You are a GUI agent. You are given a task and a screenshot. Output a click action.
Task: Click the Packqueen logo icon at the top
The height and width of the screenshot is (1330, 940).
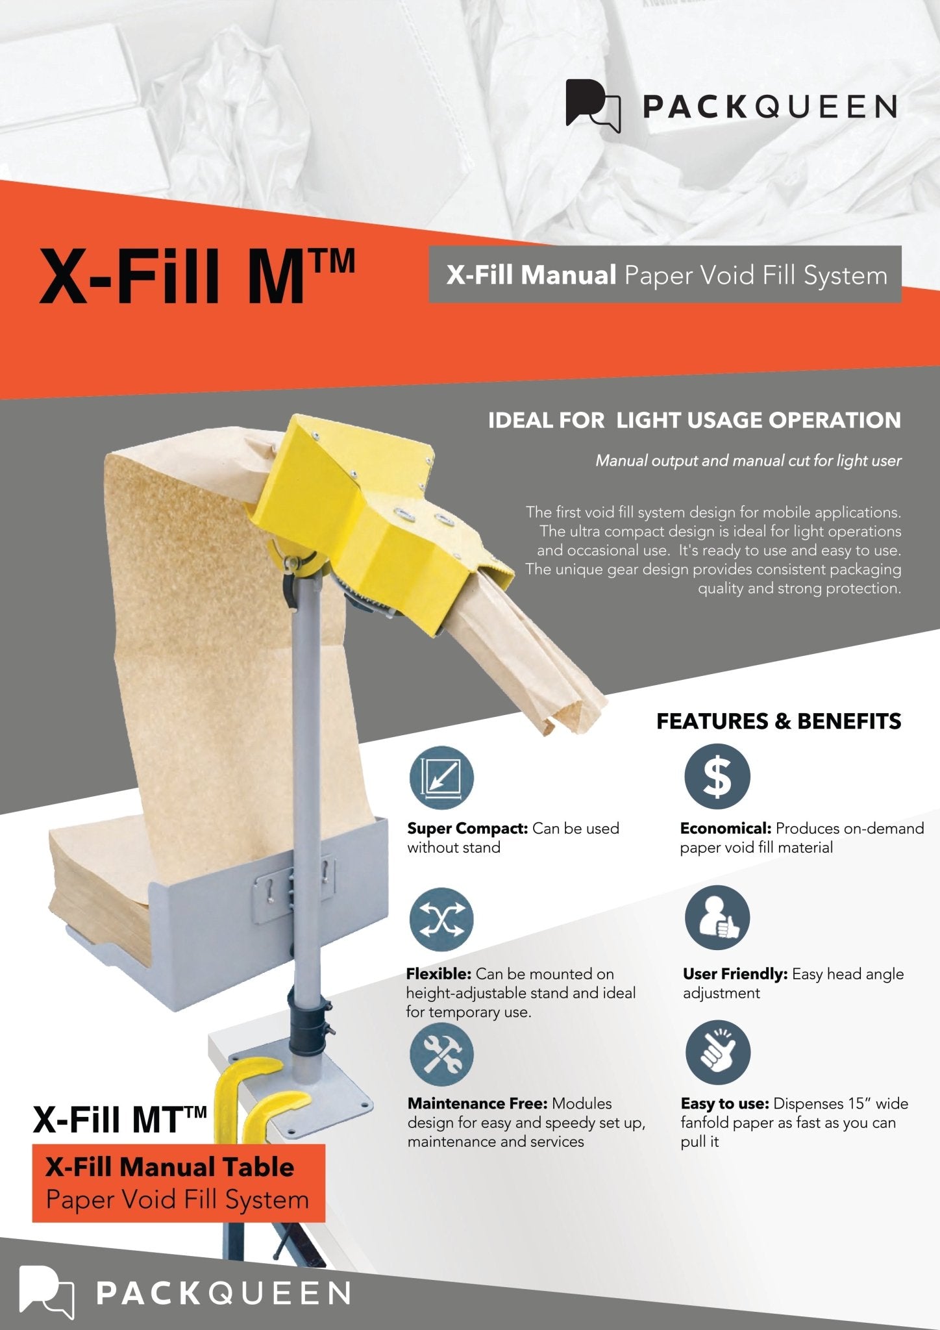pyautogui.click(x=592, y=105)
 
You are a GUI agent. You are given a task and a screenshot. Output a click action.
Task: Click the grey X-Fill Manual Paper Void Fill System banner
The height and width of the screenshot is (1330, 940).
pyautogui.click(x=665, y=275)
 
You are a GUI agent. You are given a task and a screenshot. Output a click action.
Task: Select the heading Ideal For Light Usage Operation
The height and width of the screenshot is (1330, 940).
pyautogui.click(x=694, y=421)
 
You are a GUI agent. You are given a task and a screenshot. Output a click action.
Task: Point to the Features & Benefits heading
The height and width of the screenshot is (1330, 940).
pyautogui.click(x=778, y=721)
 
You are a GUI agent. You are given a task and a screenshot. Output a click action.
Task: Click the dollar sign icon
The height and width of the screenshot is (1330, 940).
pyautogui.click(x=717, y=777)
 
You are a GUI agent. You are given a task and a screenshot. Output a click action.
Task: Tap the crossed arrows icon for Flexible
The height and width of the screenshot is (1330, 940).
pyautogui.click(x=441, y=920)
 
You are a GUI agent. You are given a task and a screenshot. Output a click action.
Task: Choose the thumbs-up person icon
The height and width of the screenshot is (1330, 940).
pyautogui.click(x=717, y=918)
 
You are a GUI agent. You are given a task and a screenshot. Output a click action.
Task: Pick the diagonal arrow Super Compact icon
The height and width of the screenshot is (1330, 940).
pyautogui.click(x=441, y=777)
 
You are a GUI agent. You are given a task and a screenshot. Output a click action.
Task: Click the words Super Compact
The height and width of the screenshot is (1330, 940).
pyautogui.click(x=467, y=829)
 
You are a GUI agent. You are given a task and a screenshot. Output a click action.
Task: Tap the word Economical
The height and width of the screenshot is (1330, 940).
pyautogui.click(x=725, y=829)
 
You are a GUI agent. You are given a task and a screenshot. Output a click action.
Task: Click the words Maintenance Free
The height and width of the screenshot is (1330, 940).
pyautogui.click(x=477, y=1103)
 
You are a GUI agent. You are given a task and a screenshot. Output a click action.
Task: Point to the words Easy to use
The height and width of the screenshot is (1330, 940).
pyautogui.click(x=724, y=1103)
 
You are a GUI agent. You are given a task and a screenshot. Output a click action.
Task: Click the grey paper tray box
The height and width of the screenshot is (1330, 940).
pyautogui.click(x=214, y=935)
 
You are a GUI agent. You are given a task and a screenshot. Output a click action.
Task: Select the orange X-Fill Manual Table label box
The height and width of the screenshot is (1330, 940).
pyautogui.click(x=178, y=1183)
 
